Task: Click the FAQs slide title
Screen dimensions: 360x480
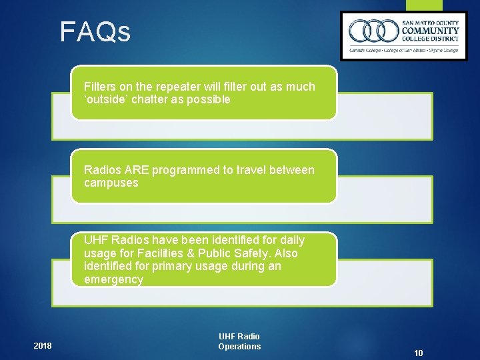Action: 95,32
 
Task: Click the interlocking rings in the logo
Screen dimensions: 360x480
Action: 373,31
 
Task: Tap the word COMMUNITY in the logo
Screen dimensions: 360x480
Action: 430,31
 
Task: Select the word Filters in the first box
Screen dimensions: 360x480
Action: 99,87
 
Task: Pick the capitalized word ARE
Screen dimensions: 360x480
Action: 137,170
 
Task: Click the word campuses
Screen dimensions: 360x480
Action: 111,183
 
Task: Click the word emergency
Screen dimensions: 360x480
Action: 113,279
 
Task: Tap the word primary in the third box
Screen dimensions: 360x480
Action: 163,266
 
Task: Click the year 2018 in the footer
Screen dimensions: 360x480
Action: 42,345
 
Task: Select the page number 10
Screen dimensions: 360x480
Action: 419,353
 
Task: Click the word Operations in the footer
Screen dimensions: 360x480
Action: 239,346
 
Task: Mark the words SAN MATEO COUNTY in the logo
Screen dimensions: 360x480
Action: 430,22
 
